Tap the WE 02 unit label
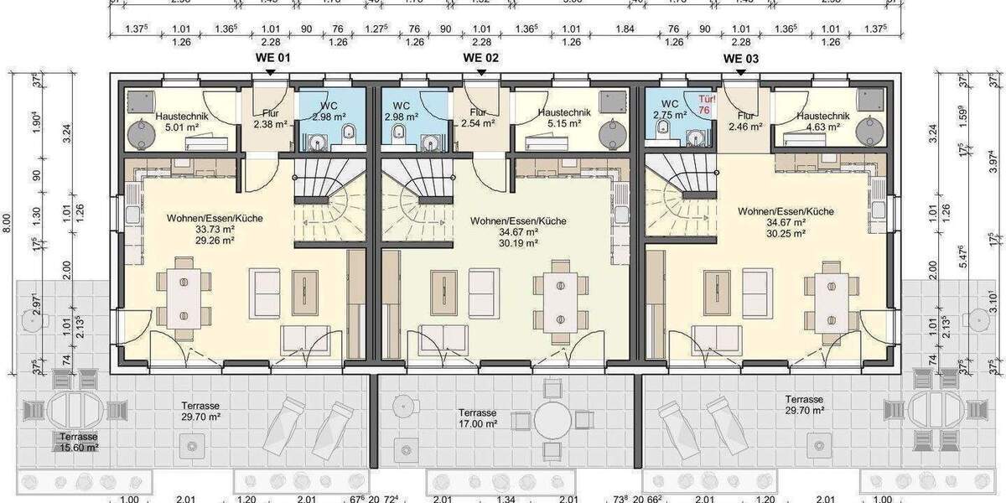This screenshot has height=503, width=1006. [481, 58]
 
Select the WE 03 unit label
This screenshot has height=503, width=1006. [741, 59]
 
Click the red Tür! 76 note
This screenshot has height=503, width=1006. [703, 103]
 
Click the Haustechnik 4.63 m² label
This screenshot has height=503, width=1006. [821, 122]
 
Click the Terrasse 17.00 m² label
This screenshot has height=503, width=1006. [478, 418]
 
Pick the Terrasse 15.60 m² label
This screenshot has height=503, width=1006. [79, 443]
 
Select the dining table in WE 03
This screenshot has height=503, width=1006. [825, 298]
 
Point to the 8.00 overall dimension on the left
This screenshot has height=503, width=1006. [8, 222]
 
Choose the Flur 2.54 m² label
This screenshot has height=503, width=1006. [478, 118]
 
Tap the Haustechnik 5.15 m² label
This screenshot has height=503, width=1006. [564, 118]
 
